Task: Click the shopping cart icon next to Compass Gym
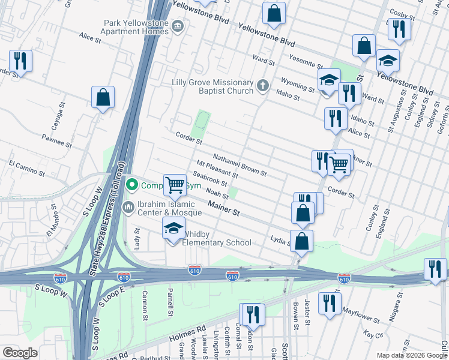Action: (x=175, y=184)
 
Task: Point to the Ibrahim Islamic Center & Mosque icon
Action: (x=128, y=208)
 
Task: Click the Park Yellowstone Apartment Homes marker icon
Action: (x=178, y=26)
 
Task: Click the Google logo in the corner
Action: (x=20, y=353)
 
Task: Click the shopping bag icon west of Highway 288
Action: (x=103, y=98)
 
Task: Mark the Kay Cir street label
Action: (x=374, y=334)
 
